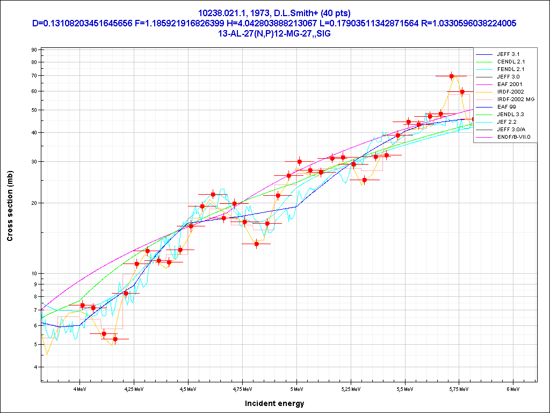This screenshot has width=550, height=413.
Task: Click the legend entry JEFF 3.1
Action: (508, 54)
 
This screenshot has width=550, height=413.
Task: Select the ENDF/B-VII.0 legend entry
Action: (513, 137)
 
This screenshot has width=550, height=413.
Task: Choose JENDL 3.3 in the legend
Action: (510, 115)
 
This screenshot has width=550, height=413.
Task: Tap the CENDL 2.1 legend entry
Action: (511, 62)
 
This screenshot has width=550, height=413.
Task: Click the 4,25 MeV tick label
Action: (134, 388)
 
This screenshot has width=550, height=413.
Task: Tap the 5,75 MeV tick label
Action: (459, 388)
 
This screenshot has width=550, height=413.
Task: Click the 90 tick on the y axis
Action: (33, 50)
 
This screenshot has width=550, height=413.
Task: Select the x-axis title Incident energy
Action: (274, 403)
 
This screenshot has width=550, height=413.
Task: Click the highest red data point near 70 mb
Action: (452, 76)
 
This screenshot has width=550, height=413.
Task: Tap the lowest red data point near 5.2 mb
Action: (115, 339)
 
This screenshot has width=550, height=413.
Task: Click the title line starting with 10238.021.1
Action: (274, 13)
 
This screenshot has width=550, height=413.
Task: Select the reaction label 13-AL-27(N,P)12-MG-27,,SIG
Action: (274, 33)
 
